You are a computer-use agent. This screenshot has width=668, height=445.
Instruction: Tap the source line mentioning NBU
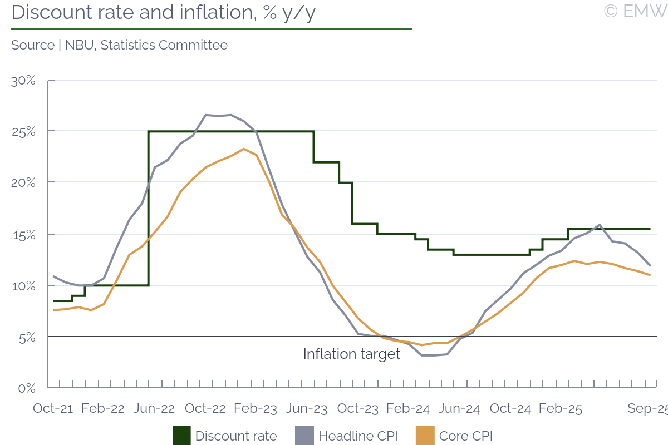point(119,45)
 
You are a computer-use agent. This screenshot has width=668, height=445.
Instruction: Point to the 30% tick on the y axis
point(23,81)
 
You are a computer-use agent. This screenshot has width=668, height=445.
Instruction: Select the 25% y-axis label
point(23,132)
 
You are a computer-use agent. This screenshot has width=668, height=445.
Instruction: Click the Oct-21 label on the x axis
point(53,408)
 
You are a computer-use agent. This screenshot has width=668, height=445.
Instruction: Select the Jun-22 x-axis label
point(155,408)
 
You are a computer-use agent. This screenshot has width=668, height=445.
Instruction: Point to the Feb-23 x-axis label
point(256,408)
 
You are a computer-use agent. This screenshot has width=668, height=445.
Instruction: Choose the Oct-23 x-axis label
point(358,408)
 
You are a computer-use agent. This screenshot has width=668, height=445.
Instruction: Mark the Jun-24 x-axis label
point(460,408)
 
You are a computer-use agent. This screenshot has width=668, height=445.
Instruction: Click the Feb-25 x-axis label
point(561,408)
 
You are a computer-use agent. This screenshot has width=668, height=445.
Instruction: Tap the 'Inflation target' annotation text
point(351,354)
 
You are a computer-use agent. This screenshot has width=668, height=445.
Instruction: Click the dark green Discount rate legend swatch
point(181,436)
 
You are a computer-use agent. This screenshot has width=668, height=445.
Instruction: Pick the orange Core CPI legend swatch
point(425,436)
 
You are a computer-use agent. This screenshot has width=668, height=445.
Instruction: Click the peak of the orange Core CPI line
point(244,149)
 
